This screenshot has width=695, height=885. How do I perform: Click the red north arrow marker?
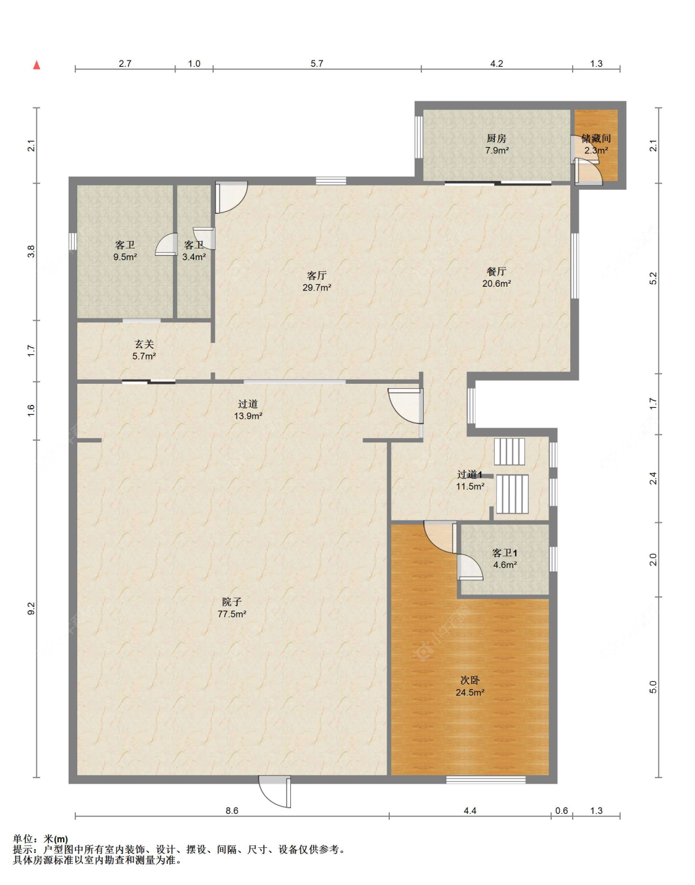tap(36, 65)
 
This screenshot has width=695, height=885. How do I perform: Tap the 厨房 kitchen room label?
tap(497, 138)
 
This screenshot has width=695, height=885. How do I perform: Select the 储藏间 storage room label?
tap(596, 138)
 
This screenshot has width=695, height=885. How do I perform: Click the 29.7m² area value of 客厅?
tap(316, 287)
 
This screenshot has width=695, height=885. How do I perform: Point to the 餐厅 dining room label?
tap(497, 271)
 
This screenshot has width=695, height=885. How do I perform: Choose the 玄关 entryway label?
tap(145, 344)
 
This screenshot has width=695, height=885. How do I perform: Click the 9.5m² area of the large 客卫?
tap(125, 257)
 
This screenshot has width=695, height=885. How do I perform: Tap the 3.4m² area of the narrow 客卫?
tap(194, 257)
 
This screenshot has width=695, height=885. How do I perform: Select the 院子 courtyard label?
tap(232, 601)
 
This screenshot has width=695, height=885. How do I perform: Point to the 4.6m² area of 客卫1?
tap(505, 565)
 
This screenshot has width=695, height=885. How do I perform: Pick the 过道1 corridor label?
tap(470, 474)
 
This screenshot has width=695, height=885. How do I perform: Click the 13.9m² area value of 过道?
tap(248, 416)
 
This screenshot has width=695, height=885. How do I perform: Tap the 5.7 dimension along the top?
tap(316, 64)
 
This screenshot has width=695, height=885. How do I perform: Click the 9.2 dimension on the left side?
tap(32, 609)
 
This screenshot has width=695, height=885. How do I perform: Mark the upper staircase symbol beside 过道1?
tap(510, 451)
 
